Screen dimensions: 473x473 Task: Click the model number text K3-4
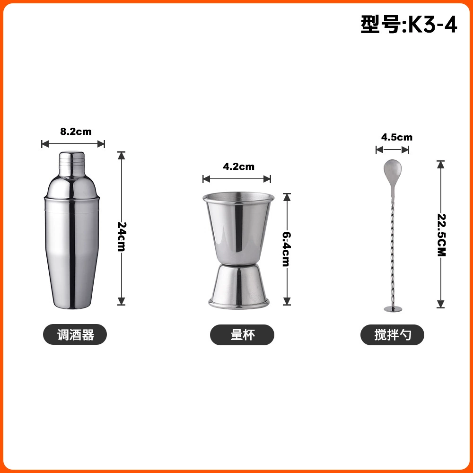pos(433,25)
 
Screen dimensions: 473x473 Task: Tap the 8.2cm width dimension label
pos(76,131)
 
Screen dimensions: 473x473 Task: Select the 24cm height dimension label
pos(122,236)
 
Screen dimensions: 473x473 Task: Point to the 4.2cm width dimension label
pos(238,166)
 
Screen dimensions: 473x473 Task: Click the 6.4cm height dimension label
pos(287,249)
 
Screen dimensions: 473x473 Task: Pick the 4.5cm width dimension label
pos(397,137)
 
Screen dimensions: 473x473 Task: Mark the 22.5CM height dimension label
pos(442,235)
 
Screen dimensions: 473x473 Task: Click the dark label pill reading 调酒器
pos(75,334)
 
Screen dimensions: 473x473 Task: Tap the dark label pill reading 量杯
pos(242,335)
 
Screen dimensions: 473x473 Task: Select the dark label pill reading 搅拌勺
pos(393,335)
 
